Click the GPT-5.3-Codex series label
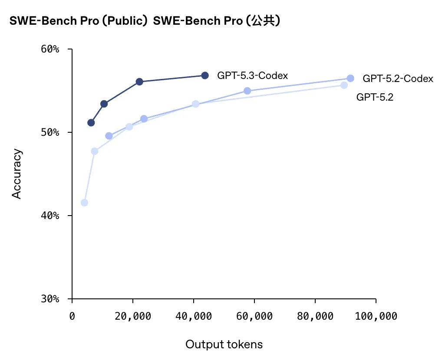252,76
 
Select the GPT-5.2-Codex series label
398,79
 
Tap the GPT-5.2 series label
374,97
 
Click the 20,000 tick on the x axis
133,316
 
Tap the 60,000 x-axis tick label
254,316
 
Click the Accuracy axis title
16,174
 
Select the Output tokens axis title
224,344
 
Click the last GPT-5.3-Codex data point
205,75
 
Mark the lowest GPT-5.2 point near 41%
84,203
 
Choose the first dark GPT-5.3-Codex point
91,123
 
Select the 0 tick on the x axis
73,316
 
